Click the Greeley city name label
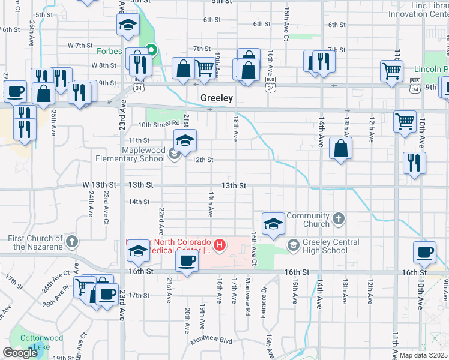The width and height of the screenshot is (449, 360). tap(216, 97)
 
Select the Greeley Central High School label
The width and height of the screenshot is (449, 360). tap(331, 246)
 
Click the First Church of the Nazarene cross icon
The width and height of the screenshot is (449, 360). tap(72, 242)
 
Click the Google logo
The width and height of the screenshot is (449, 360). tap(20, 353)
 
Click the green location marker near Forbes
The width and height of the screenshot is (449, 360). tap(152, 51)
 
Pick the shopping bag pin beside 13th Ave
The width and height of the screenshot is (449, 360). tap(340, 149)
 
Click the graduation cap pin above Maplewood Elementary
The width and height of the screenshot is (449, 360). tap(185, 141)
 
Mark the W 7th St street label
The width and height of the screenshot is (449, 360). tap(79, 45)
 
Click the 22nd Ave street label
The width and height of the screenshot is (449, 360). tap(161, 222)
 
